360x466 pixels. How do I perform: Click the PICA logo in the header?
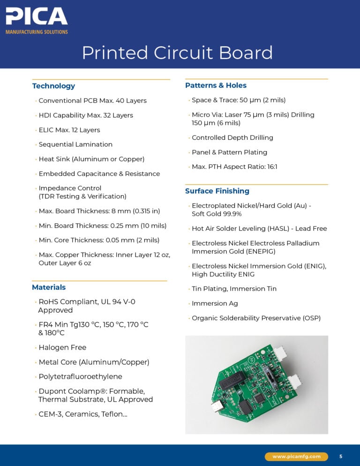pos(37,17)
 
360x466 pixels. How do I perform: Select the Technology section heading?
pos(53,86)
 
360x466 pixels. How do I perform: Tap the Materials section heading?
pos(49,287)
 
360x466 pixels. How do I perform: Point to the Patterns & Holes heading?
pos(216,85)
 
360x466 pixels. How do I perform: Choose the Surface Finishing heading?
pos(217,191)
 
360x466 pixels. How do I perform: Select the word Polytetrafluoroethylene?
pos(80,376)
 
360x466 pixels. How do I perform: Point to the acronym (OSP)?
pos(311,318)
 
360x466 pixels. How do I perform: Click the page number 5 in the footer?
pos(341,456)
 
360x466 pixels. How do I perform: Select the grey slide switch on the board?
pos(268,376)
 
